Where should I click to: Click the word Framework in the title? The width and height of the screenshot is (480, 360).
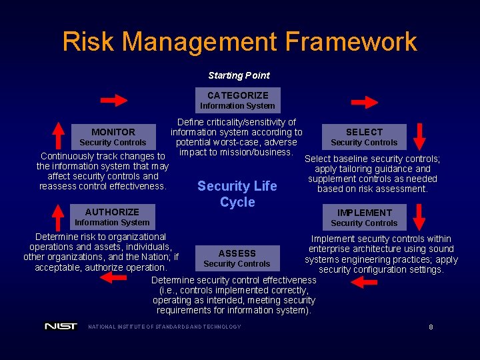coord(351,41)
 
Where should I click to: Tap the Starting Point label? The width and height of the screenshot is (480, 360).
coord(239,75)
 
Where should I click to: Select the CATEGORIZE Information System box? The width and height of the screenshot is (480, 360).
coord(237,100)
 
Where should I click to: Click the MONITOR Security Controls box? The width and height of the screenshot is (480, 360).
coord(113,137)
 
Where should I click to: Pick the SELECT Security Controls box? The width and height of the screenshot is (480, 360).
coord(364,137)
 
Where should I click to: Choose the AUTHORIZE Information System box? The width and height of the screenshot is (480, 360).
coord(112,217)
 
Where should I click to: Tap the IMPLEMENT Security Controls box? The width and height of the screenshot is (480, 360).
coord(364,217)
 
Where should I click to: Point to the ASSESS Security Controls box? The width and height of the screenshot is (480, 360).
coord(237,258)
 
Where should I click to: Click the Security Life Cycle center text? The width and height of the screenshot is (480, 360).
coord(237,194)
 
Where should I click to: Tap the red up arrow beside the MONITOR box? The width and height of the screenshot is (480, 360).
coord(59,136)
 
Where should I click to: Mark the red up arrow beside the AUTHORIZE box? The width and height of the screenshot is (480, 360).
coord(59,216)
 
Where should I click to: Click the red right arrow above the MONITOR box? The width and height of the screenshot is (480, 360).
coord(114,101)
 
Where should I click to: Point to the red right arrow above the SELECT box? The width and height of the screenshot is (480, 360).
coord(365,102)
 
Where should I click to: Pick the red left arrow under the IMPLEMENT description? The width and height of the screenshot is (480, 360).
coord(364,283)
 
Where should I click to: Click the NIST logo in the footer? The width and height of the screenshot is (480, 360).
coord(61,327)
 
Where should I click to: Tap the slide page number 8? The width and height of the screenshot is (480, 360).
coord(431,327)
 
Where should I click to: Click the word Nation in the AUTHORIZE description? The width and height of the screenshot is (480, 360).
coord(152,257)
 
